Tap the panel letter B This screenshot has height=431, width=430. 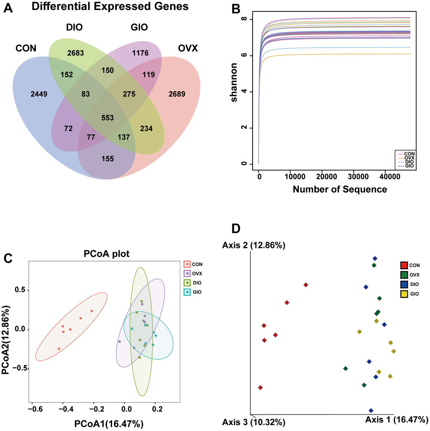click(234, 9)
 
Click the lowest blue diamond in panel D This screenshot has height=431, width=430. click(371, 410)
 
